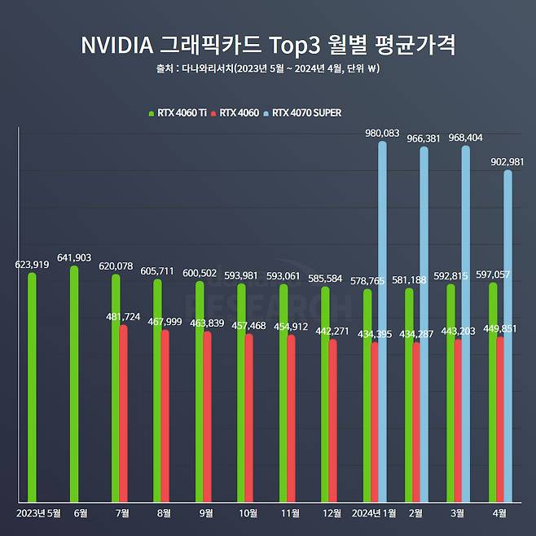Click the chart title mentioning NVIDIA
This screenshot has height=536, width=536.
(x=267, y=44)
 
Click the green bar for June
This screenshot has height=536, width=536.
(x=74, y=383)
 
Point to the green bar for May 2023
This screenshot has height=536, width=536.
(x=32, y=387)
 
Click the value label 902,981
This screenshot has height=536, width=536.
(x=506, y=161)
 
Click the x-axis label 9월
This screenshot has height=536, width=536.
(x=206, y=513)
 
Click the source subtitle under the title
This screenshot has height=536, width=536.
(x=267, y=68)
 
